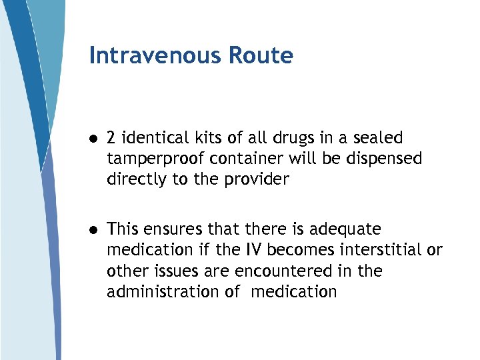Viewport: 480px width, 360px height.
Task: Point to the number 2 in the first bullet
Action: click(x=111, y=138)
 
